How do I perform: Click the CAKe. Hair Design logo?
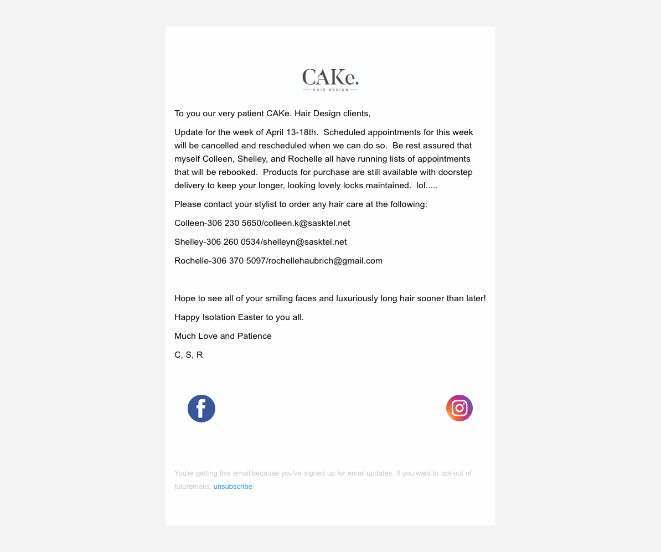[x=330, y=80]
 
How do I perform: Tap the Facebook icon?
[x=202, y=409]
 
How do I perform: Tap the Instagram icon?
[x=459, y=408]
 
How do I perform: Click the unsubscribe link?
[x=233, y=487]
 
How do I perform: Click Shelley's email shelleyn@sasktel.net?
[x=303, y=242]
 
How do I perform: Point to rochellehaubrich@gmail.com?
[x=325, y=261]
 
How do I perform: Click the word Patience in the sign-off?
[x=255, y=336]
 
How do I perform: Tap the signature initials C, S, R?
[x=189, y=355]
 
